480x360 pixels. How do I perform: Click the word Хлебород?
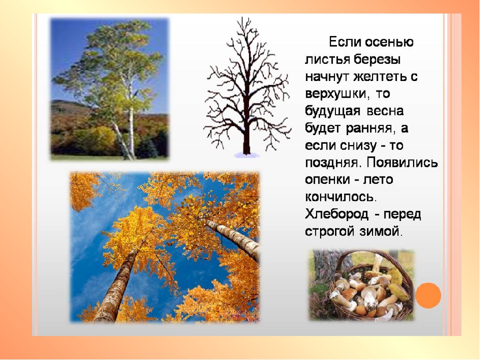point(336,214)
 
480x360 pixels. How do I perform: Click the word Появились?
point(402,162)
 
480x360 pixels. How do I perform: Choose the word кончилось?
point(339,197)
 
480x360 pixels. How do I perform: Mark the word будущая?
point(333,111)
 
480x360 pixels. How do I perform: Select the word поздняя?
point(331,162)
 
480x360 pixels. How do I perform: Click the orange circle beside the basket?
point(428,295)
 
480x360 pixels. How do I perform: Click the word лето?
point(378,179)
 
